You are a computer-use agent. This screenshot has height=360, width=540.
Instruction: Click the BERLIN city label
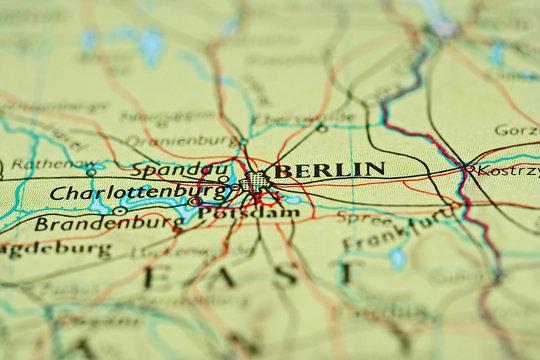(x=330, y=170)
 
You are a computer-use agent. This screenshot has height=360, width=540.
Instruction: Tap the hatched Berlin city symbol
(x=257, y=182)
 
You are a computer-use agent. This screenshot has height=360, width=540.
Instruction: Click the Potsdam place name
(x=236, y=213)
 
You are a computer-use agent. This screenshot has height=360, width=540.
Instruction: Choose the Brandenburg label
(x=95, y=224)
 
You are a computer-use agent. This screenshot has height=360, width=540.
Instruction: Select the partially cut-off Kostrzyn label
(x=508, y=171)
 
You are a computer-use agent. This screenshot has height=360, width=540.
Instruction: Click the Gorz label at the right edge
(x=517, y=130)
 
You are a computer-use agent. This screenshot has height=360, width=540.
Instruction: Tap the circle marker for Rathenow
(x=91, y=172)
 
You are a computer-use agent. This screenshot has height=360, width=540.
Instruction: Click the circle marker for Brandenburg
(x=119, y=211)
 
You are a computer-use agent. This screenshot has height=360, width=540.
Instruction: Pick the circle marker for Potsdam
(x=194, y=202)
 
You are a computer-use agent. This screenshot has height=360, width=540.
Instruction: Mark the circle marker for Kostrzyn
(x=468, y=169)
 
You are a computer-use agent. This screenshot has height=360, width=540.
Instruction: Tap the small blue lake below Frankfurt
(x=397, y=258)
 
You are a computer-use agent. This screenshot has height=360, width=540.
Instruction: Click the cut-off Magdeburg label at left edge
(x=55, y=250)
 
